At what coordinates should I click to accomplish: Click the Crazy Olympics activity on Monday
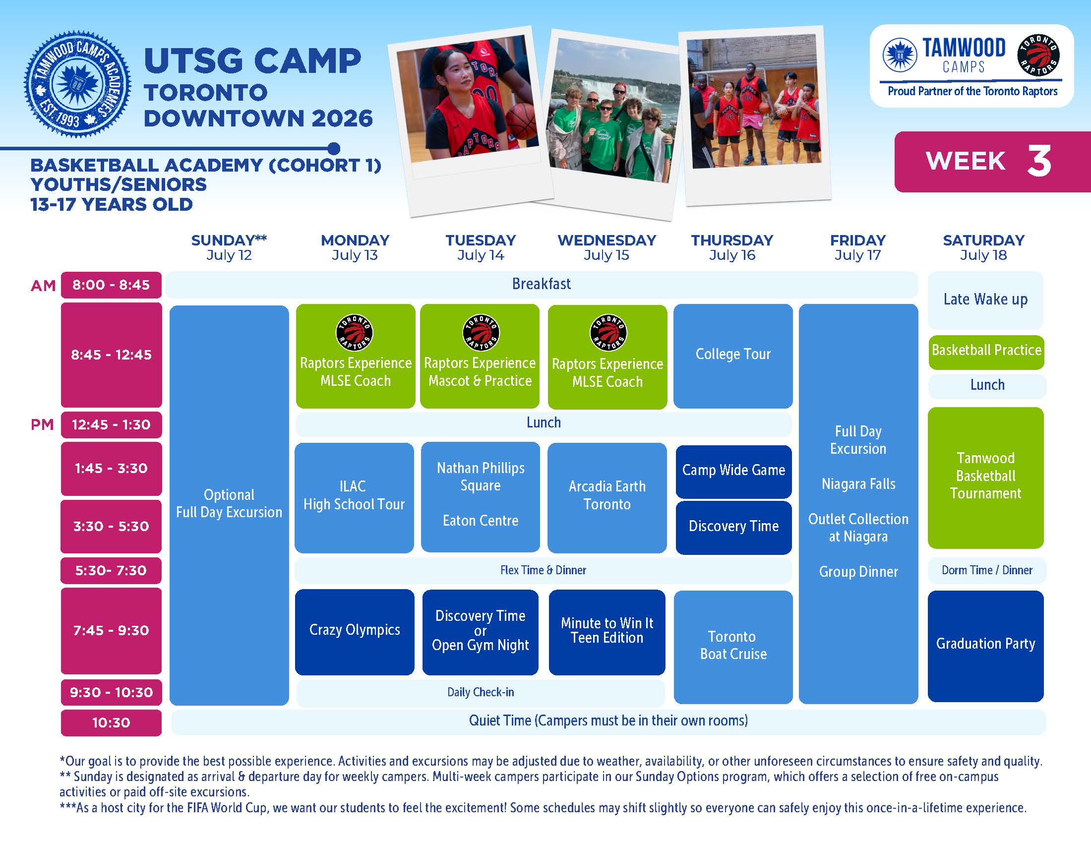pos(355,632)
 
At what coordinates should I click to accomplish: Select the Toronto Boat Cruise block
pos(733,647)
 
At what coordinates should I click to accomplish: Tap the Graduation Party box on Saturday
pos(985,646)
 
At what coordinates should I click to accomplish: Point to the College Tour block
pos(733,356)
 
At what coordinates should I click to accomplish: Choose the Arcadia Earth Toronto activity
pos(607,497)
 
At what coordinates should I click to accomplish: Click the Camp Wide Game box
pos(733,471)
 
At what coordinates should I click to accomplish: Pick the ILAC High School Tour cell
pos(354,497)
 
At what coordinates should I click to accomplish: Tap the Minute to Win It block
pos(607,632)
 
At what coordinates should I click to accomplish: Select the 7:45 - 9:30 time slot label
pos(112,630)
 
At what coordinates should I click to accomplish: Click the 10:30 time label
pos(112,723)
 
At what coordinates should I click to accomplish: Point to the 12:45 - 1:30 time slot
pos(112,424)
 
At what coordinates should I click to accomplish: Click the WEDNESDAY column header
pos(607,240)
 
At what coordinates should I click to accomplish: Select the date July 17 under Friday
pos(858,255)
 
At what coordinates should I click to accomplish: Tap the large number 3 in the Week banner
pos(1039,161)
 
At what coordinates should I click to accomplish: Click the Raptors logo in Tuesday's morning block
pos(480,333)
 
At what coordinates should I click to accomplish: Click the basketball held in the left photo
pos(521,121)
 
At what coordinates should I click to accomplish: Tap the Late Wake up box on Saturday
pos(985,300)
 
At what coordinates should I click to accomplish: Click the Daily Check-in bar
pos(481,692)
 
